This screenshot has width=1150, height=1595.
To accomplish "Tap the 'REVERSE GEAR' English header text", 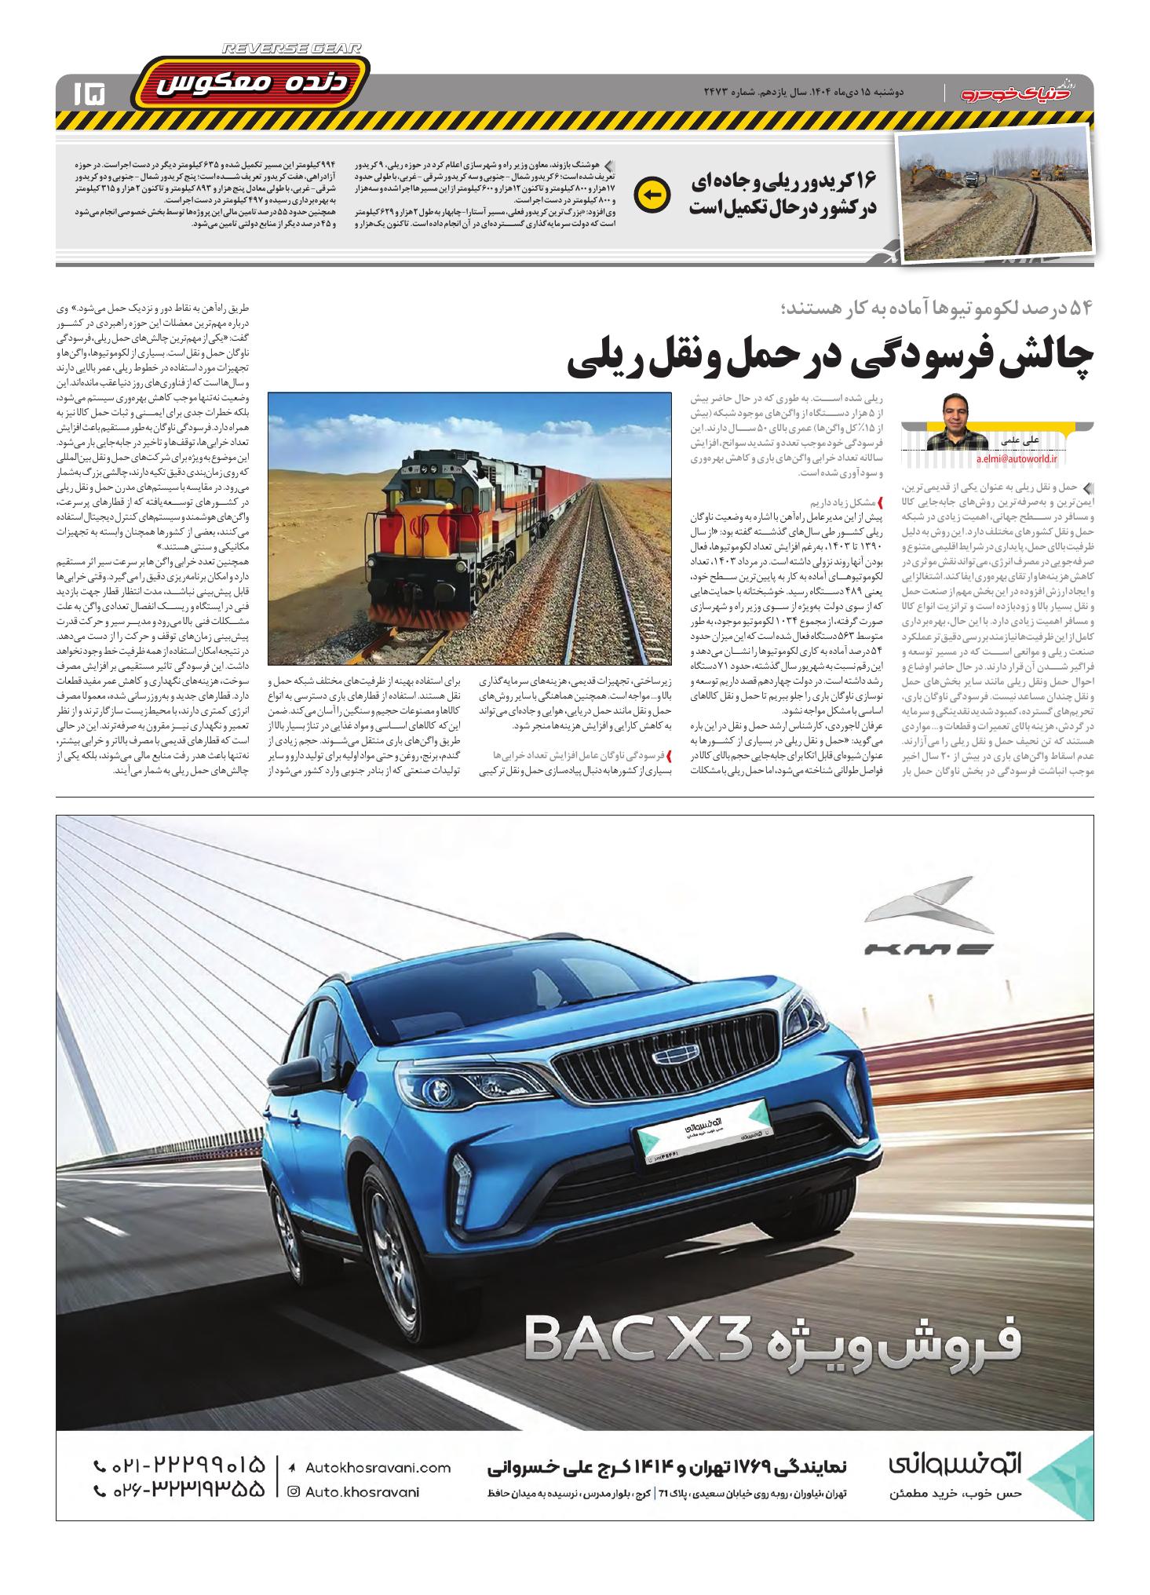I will tap(292, 49).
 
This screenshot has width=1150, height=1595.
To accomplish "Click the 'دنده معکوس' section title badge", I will tap(249, 85).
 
